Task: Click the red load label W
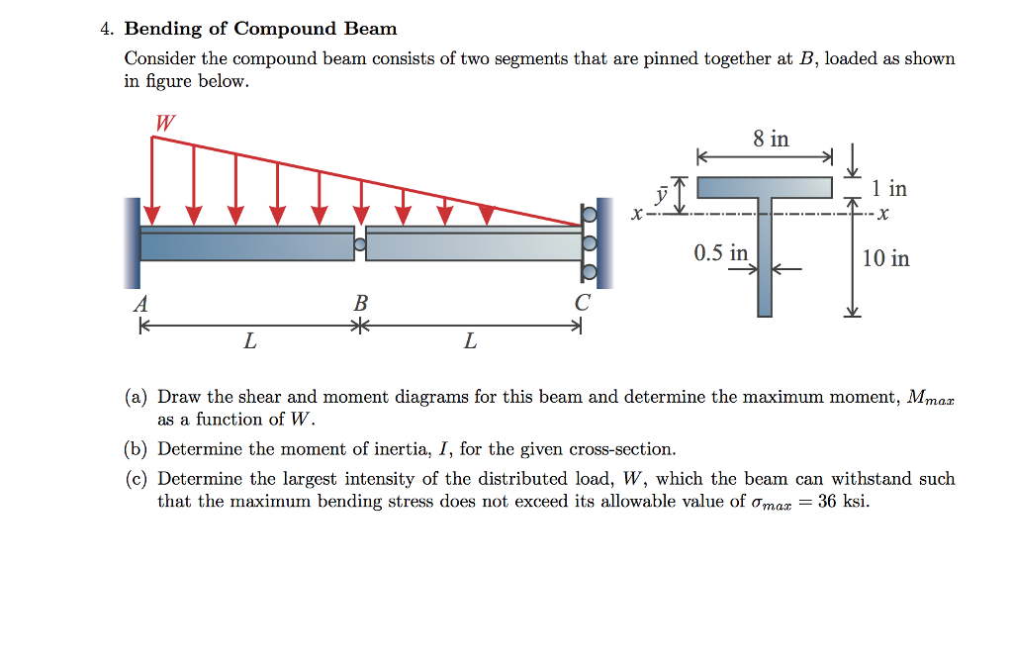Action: point(165,123)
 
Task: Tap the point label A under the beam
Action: point(140,304)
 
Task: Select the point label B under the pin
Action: point(360,304)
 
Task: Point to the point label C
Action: point(583,304)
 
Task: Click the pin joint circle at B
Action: point(360,243)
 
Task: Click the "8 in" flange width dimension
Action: point(771,140)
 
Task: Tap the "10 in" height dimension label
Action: point(885,259)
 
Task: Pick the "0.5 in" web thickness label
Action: point(721,253)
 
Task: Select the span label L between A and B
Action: point(249,342)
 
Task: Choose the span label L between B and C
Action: point(470,342)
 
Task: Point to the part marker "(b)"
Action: point(137,449)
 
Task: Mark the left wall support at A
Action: point(132,242)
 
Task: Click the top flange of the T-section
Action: point(764,187)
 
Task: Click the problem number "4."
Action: point(107,29)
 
